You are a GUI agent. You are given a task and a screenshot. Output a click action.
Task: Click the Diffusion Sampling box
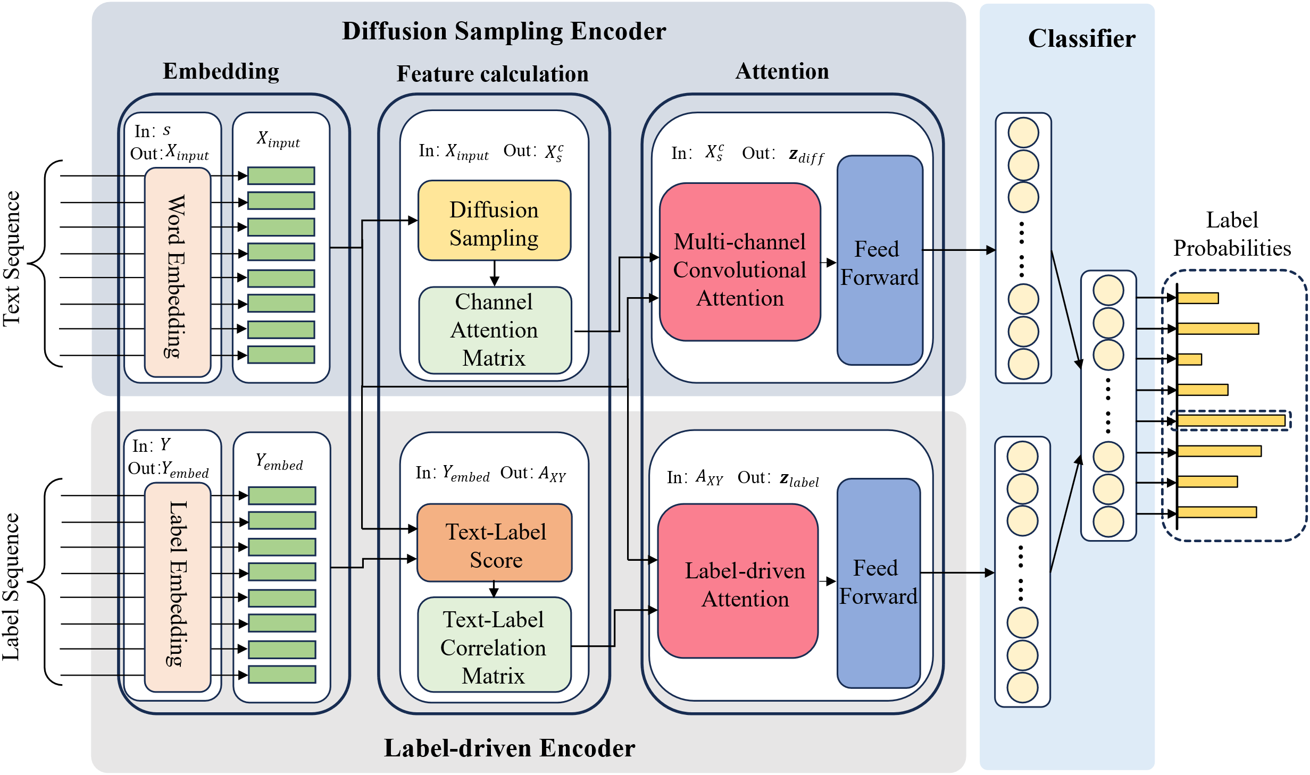(x=494, y=221)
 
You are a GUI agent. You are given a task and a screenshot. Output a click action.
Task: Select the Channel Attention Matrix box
(x=495, y=330)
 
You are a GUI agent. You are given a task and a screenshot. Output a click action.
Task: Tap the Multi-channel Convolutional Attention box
(x=740, y=262)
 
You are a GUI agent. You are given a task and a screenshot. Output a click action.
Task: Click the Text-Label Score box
(x=495, y=543)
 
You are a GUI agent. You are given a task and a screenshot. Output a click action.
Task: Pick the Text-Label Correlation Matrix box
(x=494, y=645)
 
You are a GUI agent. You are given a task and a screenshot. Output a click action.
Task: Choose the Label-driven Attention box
(x=738, y=581)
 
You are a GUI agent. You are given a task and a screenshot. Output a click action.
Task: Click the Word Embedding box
(x=178, y=273)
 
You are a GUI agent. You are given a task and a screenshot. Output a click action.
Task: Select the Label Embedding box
(x=178, y=587)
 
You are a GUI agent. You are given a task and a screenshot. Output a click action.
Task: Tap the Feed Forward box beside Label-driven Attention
(x=879, y=583)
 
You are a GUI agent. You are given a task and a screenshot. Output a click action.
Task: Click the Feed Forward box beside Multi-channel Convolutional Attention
(x=880, y=260)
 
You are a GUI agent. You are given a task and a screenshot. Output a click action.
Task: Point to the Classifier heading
(x=1082, y=39)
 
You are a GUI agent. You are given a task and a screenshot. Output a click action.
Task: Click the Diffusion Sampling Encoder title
(x=504, y=31)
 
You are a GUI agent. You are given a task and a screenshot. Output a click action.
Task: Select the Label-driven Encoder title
(x=510, y=748)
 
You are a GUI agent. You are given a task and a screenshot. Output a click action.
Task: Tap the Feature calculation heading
(x=493, y=74)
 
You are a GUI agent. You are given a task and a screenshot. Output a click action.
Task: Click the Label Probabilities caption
(x=1232, y=234)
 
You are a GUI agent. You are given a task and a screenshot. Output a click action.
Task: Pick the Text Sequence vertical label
(x=12, y=259)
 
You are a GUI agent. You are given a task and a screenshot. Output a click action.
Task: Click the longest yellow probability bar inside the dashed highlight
(x=1231, y=421)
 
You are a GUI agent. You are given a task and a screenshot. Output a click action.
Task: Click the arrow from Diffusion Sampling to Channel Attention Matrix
(x=495, y=274)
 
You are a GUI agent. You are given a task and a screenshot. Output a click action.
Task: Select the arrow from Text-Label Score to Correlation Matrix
(x=494, y=589)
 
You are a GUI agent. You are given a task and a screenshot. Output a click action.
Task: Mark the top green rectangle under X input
(x=281, y=176)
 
